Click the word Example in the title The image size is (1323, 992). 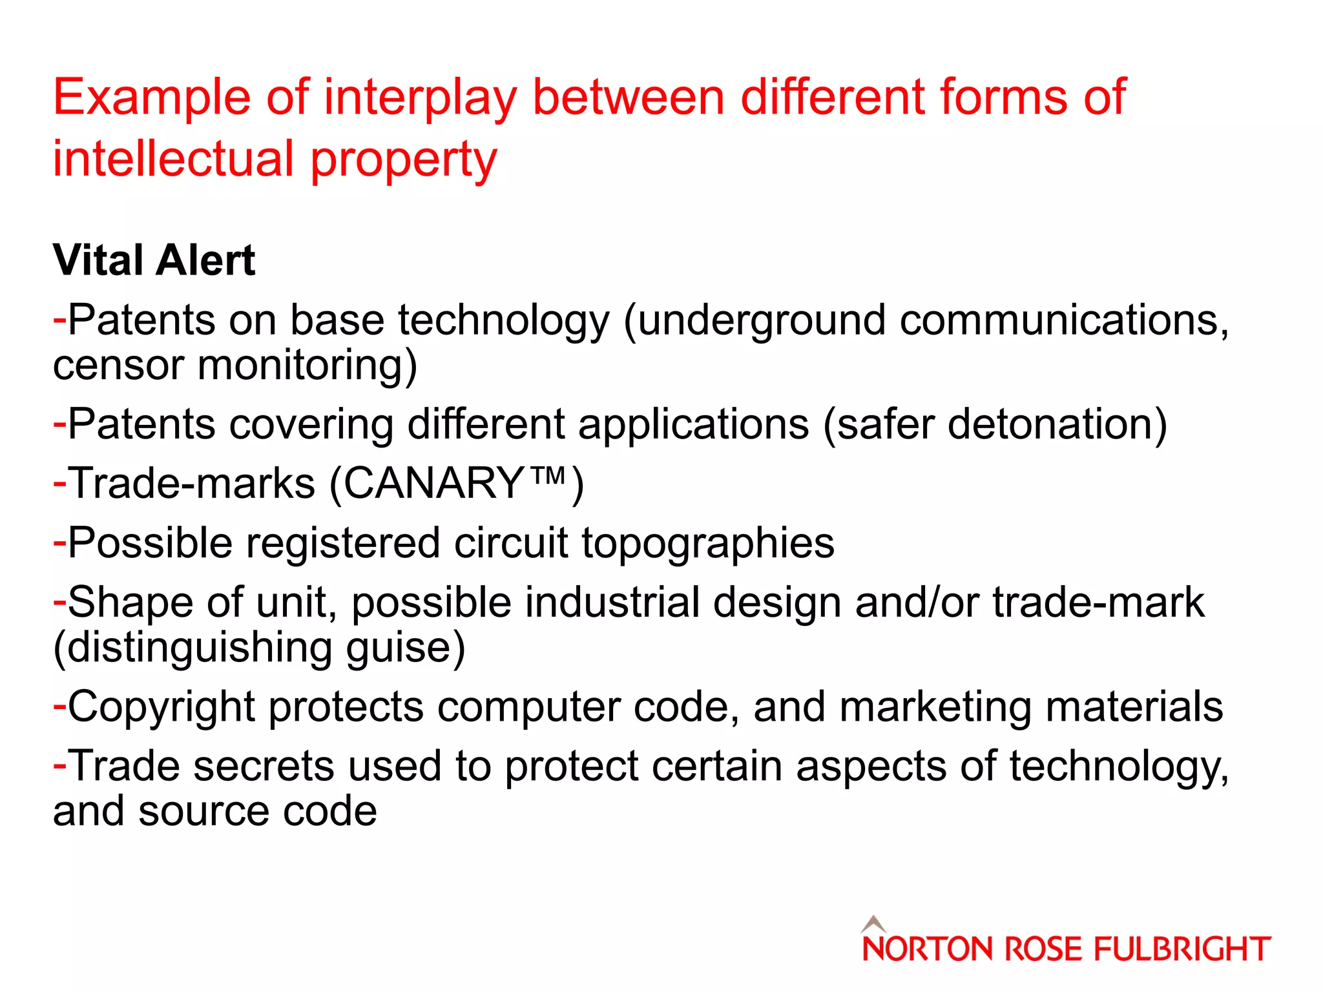pos(151,98)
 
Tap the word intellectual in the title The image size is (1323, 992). pos(173,160)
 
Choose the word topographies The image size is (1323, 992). pos(708,543)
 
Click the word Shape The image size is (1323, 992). pos(130,603)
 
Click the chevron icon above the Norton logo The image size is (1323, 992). pos(873,924)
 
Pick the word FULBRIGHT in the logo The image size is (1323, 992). pos(1182,950)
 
